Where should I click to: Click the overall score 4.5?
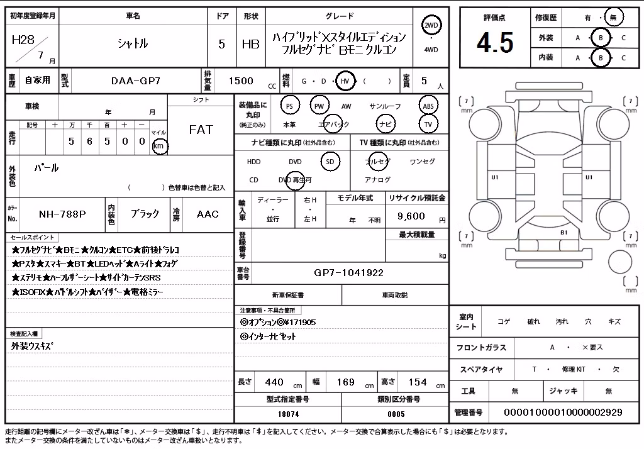[495, 43]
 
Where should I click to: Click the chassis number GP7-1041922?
[348, 273]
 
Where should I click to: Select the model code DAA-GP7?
[136, 81]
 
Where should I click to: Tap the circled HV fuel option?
[345, 81]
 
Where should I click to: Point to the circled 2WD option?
[431, 26]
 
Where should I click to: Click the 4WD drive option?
[431, 50]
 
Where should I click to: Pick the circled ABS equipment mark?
[428, 106]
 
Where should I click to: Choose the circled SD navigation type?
[330, 162]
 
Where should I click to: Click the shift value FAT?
[201, 130]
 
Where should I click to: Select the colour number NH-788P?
[62, 214]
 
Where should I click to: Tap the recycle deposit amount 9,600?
[411, 216]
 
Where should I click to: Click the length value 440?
[274, 382]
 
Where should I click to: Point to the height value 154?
[418, 382]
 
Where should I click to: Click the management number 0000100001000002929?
[563, 412]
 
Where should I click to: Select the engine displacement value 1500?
[241, 81]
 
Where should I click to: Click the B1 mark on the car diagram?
[564, 233]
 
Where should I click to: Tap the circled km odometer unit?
[159, 146]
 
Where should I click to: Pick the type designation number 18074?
[288, 414]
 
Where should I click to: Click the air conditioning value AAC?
[208, 214]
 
